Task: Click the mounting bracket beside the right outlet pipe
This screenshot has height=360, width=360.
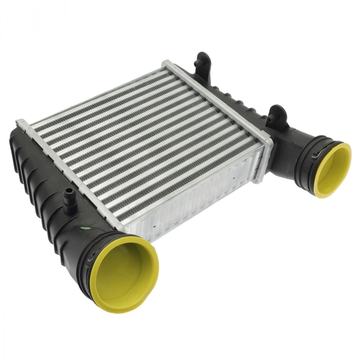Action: tap(277, 115)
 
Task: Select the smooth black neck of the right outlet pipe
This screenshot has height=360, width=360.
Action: tap(291, 144)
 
